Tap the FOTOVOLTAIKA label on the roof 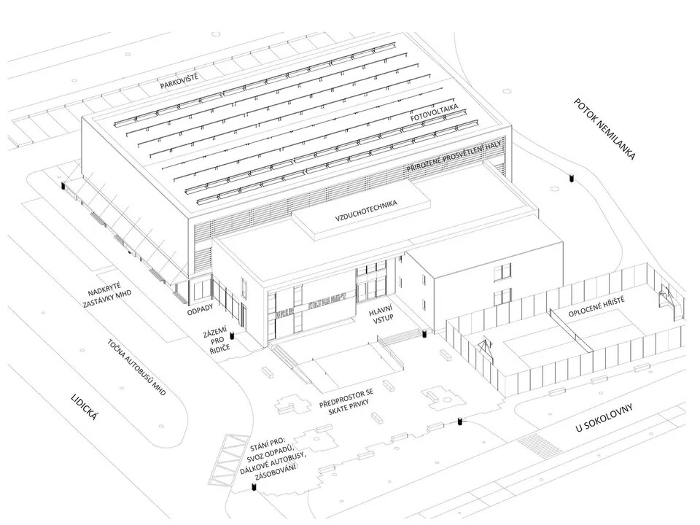[435, 113]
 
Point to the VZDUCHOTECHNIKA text [366, 211]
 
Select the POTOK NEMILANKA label [604, 129]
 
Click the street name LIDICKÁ [85, 407]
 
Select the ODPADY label [200, 309]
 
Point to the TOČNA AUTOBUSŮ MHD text [137, 367]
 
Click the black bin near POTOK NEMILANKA [571, 178]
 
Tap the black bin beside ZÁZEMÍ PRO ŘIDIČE [232, 335]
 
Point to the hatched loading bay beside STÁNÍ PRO [227, 461]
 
